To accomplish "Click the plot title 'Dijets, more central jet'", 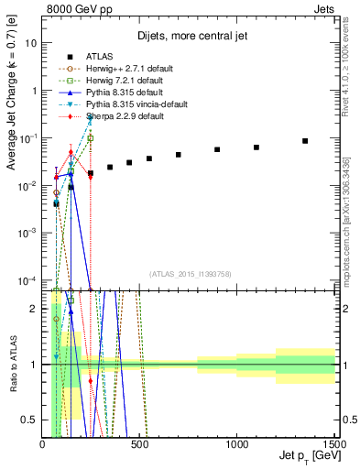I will (188, 38).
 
